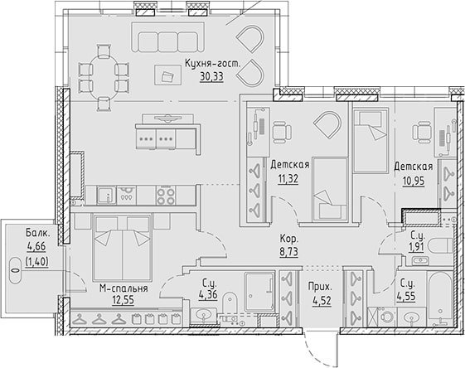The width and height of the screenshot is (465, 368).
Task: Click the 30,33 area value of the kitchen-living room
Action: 211,77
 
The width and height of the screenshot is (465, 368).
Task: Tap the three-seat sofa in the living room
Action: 168,37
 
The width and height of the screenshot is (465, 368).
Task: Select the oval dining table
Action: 104,78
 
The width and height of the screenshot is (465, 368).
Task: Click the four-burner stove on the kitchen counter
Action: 166,195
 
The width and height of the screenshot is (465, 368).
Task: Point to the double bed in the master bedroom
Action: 123,247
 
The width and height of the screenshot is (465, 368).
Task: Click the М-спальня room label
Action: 124,288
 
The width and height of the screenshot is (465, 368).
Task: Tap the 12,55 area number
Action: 123,300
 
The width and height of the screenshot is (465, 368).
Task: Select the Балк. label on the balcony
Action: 37,233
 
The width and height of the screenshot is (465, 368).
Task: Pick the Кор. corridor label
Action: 289,239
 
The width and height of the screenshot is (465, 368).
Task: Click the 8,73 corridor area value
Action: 289,252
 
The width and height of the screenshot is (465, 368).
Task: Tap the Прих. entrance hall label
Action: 320,287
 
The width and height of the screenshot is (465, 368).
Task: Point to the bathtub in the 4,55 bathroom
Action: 440,298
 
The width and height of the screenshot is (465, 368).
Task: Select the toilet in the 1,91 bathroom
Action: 444,245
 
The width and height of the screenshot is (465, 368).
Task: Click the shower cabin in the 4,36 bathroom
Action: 259,292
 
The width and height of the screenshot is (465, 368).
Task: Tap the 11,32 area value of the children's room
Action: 288,179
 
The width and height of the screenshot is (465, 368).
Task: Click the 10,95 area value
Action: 414,181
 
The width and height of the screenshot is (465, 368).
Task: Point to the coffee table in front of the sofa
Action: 168,75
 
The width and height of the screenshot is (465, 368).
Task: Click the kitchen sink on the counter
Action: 106,195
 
